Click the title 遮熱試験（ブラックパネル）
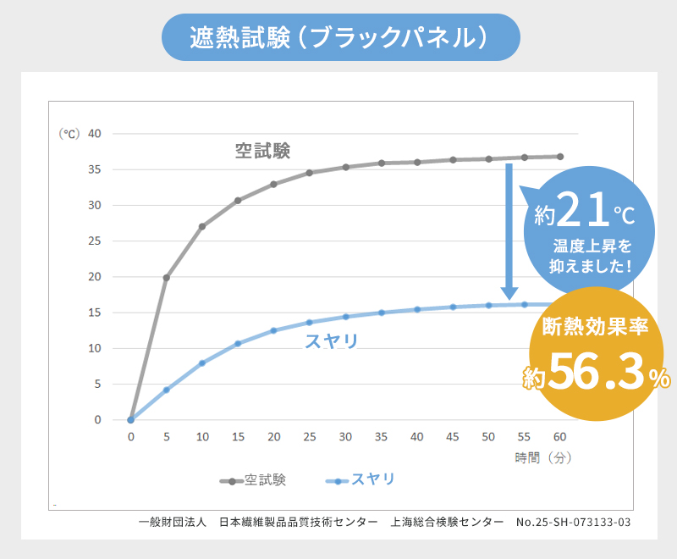coord(338,37)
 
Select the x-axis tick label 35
coord(382,437)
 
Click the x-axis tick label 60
coord(559,437)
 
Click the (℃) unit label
coord(69,134)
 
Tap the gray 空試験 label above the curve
coord(262,151)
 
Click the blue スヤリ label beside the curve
coord(331,341)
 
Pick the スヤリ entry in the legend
coord(372,480)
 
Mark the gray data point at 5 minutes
coord(167,278)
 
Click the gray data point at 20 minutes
coord(273,184)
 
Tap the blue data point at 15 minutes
coord(238,344)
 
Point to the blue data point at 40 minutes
coord(417,309)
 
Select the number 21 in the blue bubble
coord(583,211)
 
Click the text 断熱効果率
coord(596,326)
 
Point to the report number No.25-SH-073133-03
coord(573,522)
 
